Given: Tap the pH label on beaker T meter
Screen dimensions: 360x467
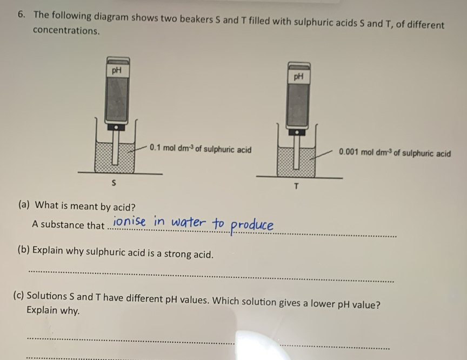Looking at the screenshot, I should point(298,77).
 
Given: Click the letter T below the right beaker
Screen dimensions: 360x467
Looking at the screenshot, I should point(296,187).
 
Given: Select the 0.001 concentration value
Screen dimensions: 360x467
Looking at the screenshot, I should point(349,153).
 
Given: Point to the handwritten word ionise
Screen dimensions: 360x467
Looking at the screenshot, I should point(131,221).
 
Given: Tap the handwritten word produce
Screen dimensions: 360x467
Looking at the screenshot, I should point(252,225).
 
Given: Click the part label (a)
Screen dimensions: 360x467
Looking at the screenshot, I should point(24,205).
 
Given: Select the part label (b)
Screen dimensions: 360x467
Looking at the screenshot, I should point(24,250).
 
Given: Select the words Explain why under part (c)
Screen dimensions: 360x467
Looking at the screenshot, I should point(53,311).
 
